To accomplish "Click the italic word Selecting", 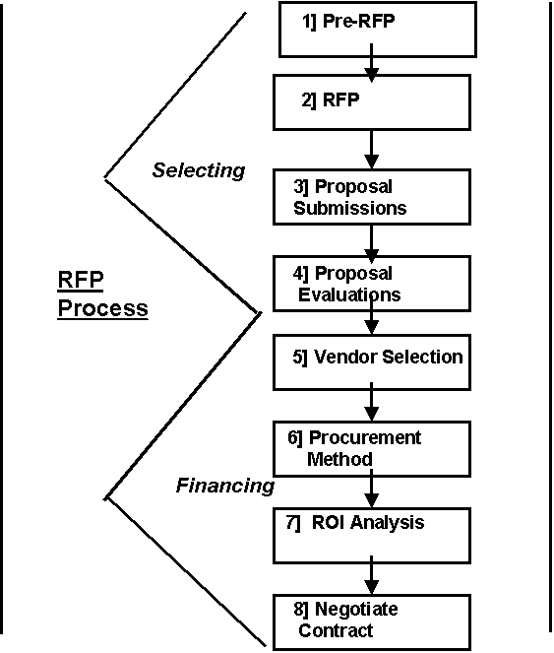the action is pyautogui.click(x=199, y=170).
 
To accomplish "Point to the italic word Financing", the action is pyautogui.click(x=225, y=486).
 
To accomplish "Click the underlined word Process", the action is pyautogui.click(x=102, y=308).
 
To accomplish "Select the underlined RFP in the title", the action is pyautogui.click(x=81, y=280).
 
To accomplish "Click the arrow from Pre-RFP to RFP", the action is pyautogui.click(x=371, y=62).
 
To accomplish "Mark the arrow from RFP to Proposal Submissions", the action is pyautogui.click(x=371, y=150).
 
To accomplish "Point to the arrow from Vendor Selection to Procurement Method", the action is pyautogui.click(x=371, y=402).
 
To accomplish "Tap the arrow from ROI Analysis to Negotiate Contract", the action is pyautogui.click(x=371, y=575).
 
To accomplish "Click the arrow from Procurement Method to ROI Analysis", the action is pyautogui.click(x=371, y=489).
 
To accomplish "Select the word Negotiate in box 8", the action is pyautogui.click(x=356, y=609).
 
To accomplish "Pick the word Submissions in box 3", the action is pyautogui.click(x=350, y=208).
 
